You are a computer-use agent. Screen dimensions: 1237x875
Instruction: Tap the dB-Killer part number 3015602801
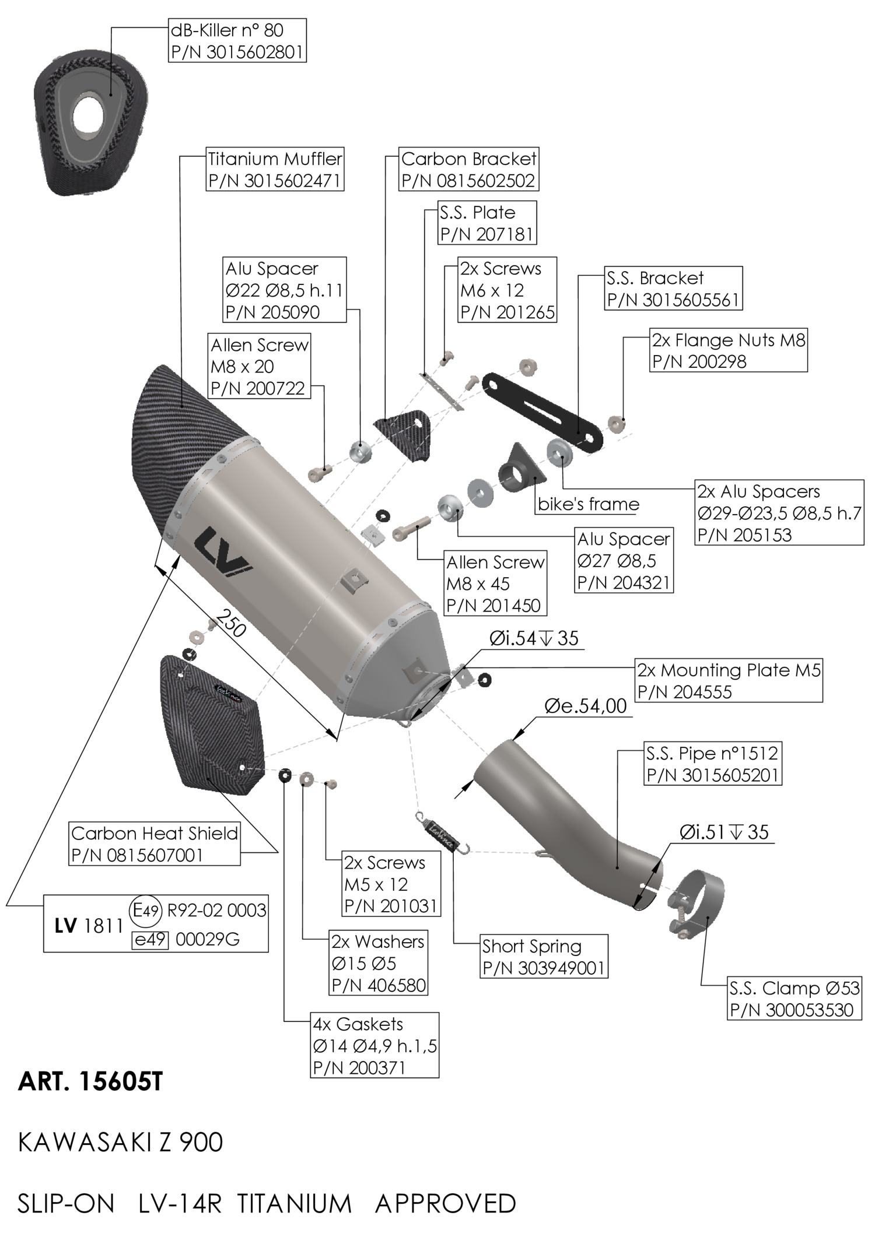point(237,52)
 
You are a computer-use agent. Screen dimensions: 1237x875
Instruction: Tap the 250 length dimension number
point(230,622)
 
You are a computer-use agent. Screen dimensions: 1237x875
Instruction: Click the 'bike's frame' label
point(588,504)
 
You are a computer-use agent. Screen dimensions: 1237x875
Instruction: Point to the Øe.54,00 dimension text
point(585,706)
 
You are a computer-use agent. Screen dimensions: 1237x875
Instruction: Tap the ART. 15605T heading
point(90,1082)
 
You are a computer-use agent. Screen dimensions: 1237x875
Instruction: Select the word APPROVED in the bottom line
point(446,1204)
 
